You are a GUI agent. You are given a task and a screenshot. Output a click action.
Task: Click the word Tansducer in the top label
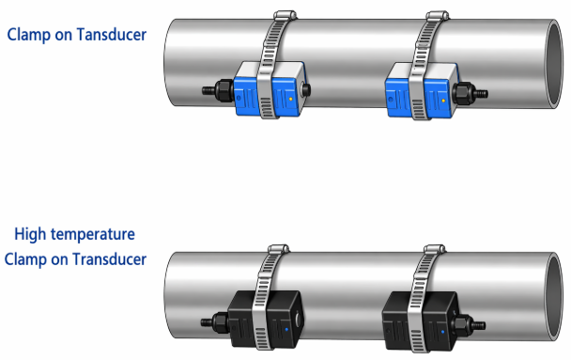pos(112,35)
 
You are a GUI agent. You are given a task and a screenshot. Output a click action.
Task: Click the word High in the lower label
pos(30,234)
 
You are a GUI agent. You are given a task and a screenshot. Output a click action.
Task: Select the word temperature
pos(93,235)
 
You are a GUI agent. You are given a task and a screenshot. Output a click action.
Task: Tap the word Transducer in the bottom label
pos(110,259)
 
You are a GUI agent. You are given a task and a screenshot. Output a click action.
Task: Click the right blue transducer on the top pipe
pos(422,91)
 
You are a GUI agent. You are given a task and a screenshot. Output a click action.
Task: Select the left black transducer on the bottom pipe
pos(265,320)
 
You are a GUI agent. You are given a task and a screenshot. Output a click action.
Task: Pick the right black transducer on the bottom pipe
pos(420,321)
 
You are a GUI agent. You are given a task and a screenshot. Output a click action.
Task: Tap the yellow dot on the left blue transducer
pos(290,99)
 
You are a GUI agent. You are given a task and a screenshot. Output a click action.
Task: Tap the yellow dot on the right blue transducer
pos(443,101)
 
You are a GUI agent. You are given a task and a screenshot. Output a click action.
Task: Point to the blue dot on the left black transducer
pos(286,329)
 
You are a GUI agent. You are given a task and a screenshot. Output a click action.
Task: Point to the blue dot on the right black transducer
pos(443,332)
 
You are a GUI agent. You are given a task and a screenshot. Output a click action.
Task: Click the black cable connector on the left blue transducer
pos(218,90)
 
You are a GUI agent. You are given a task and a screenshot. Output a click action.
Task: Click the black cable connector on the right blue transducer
pos(470,93)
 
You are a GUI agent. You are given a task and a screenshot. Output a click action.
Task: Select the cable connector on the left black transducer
pos(215,321)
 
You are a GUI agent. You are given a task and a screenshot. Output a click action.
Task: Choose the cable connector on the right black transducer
pos(468,324)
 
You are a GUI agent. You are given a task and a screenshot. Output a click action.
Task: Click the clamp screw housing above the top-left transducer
pos(285,15)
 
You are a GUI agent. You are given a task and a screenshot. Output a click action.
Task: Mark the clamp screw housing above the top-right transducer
pos(438,16)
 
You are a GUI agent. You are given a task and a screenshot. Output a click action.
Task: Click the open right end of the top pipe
pos(554,64)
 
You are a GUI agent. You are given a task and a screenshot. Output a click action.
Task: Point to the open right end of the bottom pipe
pos(554,297)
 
